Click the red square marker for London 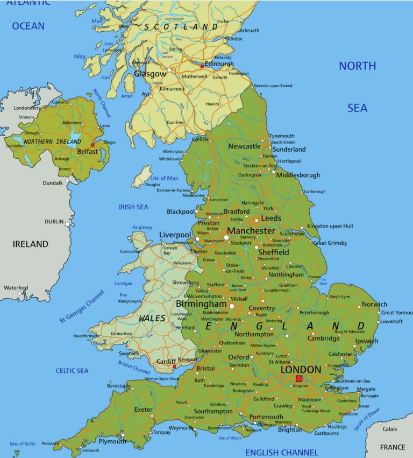point(299,379)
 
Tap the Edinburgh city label point(219,64)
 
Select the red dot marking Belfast point(92,145)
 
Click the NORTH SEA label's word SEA point(357,108)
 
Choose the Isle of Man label point(164,179)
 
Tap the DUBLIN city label point(54,222)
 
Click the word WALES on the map point(152,318)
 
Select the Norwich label point(374,304)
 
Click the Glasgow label point(150,74)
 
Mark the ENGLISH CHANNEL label point(281,452)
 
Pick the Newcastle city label point(244,146)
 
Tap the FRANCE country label point(393,447)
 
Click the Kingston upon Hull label point(330,226)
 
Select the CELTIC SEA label point(72,371)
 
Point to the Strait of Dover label point(367,419)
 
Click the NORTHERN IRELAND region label point(45,141)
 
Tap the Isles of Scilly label point(22,444)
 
